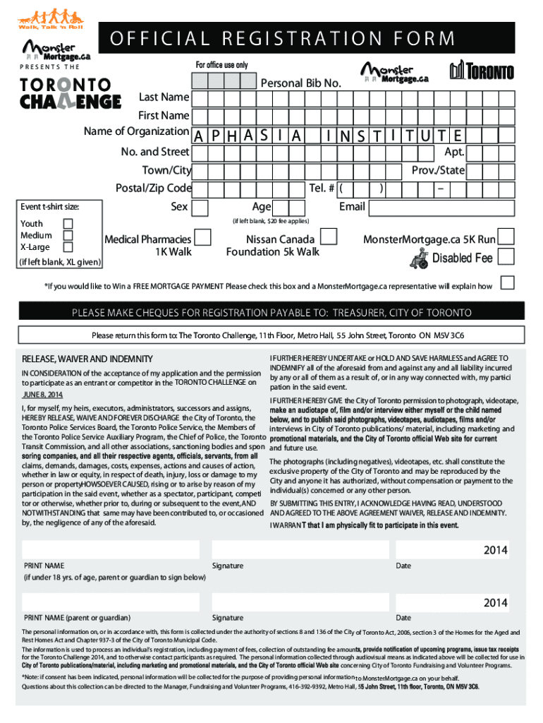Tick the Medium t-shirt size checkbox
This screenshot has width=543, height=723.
pyautogui.click(x=68, y=235)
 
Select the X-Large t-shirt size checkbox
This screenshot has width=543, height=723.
pyautogui.click(x=68, y=247)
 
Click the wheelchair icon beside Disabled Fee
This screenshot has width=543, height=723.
pyautogui.click(x=418, y=259)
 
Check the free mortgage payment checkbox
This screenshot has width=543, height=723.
pyautogui.click(x=506, y=283)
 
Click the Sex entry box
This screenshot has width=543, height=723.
pyautogui.click(x=200, y=208)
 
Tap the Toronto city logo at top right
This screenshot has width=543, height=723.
pyautogui.click(x=482, y=71)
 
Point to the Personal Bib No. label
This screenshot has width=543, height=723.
pyautogui.click(x=301, y=84)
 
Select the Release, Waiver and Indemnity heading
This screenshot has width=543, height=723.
pyautogui.click(x=87, y=359)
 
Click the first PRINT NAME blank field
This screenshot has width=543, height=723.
pyautogui.click(x=113, y=549)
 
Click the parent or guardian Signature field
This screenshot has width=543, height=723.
pyautogui.click(x=299, y=602)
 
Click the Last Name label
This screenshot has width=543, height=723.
pyautogui.click(x=164, y=97)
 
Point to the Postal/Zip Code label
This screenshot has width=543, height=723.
pyautogui.click(x=153, y=189)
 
